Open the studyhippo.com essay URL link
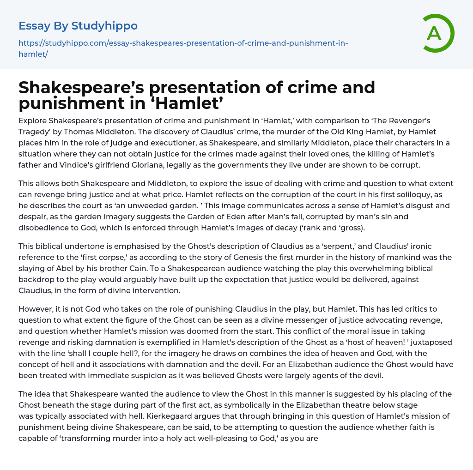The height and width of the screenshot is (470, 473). (x=183, y=43)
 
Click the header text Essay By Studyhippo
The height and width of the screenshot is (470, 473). (x=78, y=26)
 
